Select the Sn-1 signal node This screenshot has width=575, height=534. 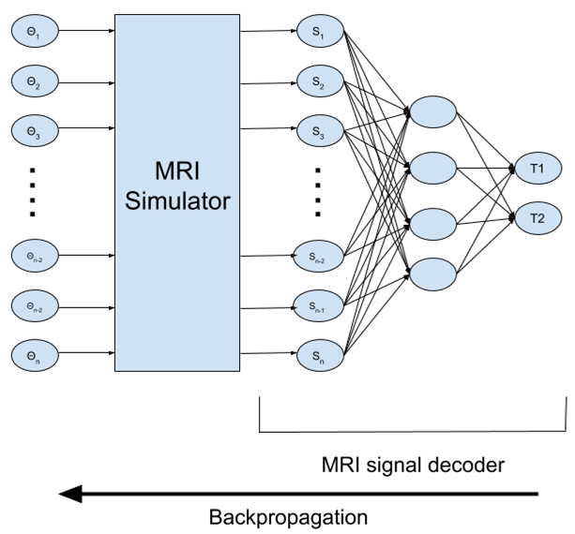click(x=318, y=304)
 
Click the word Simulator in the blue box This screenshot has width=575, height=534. click(x=175, y=201)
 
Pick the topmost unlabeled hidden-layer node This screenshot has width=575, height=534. click(x=432, y=110)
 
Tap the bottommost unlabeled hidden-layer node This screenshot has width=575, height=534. click(x=432, y=274)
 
